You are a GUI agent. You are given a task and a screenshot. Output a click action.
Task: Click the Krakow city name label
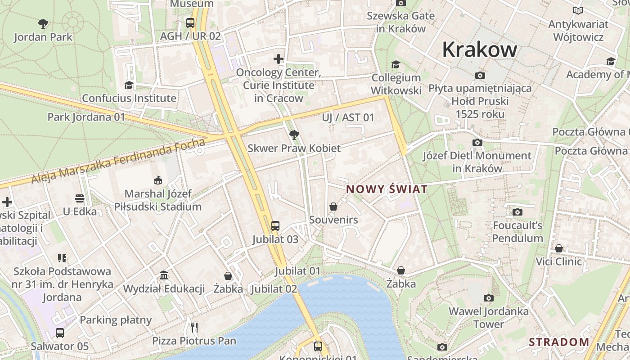pos(479,49)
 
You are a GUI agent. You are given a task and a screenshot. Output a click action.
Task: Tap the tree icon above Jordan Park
pos(43,23)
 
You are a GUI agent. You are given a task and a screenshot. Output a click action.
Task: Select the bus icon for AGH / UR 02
pos(190,22)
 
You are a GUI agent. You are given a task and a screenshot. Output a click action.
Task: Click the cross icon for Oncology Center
pos(279,59)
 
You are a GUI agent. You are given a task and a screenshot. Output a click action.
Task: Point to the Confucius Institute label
pos(129,98)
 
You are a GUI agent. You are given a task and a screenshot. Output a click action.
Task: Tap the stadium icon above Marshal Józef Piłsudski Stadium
pos(157,180)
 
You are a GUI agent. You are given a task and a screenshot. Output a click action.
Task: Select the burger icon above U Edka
pos(80,198)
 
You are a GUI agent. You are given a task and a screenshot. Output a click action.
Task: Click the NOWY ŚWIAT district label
pos(387,189)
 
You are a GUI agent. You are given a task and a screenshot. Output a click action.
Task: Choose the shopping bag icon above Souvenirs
pos(333,207)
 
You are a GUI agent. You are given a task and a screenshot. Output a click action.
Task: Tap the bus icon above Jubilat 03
pos(275,226)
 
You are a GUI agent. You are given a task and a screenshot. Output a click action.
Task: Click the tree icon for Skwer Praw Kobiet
pos(294,135)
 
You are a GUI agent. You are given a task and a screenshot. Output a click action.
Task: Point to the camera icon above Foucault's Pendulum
pos(517,211)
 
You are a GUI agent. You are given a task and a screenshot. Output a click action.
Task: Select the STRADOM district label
pos(559,342)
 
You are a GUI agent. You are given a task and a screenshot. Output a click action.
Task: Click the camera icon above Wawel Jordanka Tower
pos(488,298)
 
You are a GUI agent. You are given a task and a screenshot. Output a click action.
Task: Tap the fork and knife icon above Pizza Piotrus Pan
pos(194,327)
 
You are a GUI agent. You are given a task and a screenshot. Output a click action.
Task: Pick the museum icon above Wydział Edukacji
pos(164,275)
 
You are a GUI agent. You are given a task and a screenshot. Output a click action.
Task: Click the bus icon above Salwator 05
pos(60,333)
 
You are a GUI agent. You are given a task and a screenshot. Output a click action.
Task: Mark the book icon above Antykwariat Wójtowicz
pos(578,10)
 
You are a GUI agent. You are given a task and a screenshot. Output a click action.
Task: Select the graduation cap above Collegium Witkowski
pos(396,65)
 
